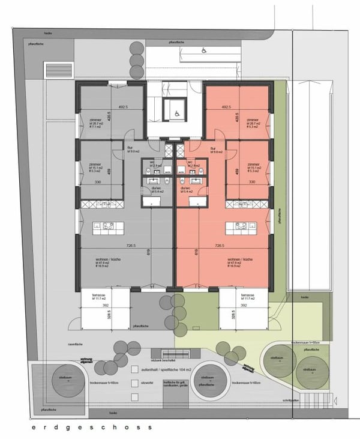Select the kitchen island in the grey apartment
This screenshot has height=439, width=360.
click(104, 228)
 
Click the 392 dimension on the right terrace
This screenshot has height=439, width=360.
click(244, 305)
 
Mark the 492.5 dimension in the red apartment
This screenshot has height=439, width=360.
click(227, 107)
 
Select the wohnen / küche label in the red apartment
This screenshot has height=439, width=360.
click(237, 259)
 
